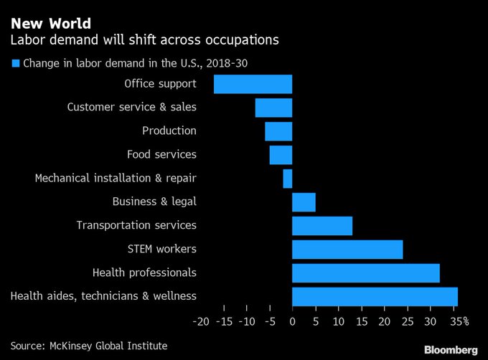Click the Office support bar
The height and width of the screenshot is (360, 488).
click(253, 84)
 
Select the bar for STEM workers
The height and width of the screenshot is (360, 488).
click(347, 250)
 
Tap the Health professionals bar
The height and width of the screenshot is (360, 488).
click(365, 273)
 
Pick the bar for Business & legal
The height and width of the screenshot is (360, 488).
click(304, 202)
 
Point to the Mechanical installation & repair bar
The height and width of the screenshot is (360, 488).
click(287, 179)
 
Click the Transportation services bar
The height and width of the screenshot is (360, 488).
click(322, 226)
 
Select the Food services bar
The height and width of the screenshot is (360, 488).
click(281, 155)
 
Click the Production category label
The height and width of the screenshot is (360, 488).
click(169, 131)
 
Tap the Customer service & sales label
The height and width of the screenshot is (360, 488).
click(131, 107)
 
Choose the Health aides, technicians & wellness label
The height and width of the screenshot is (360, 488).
click(103, 295)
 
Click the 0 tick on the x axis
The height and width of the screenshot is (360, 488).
click(292, 321)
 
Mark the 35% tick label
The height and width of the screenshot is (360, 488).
click(460, 321)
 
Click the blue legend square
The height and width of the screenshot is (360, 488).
click(15, 63)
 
